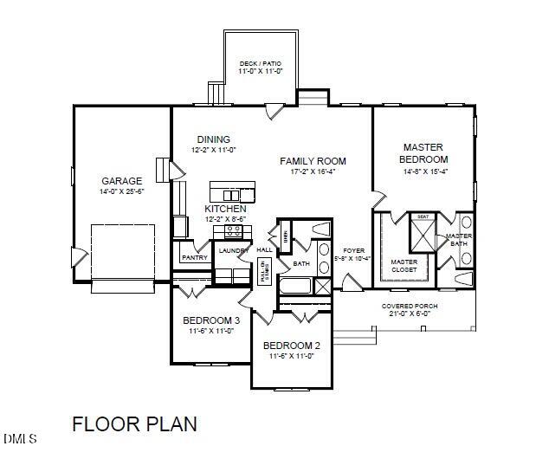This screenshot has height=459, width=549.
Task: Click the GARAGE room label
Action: click(121, 181)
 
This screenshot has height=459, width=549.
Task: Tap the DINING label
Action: click(213, 139)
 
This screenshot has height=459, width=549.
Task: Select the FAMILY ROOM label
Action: click(313, 161)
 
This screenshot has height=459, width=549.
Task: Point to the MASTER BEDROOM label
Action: click(423, 153)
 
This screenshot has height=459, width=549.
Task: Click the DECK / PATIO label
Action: click(261, 64)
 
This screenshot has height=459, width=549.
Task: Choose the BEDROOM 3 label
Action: click(211, 320)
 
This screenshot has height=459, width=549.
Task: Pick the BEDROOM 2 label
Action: click(292, 346)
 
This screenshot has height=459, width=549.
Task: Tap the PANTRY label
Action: click(195, 257)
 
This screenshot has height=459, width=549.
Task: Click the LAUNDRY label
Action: click(233, 251)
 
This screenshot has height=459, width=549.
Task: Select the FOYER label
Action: click(353, 250)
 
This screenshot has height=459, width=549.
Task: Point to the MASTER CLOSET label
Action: click(404, 265)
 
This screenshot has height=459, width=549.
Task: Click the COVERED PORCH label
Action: click(410, 307)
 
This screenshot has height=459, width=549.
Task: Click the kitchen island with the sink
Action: click(232, 192)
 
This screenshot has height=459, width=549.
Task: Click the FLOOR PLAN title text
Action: click(134, 424)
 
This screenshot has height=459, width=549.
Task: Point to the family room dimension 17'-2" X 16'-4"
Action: click(313, 172)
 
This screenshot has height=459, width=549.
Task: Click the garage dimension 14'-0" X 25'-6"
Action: click(121, 191)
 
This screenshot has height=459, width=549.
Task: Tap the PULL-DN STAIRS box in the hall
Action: click(265, 271)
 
